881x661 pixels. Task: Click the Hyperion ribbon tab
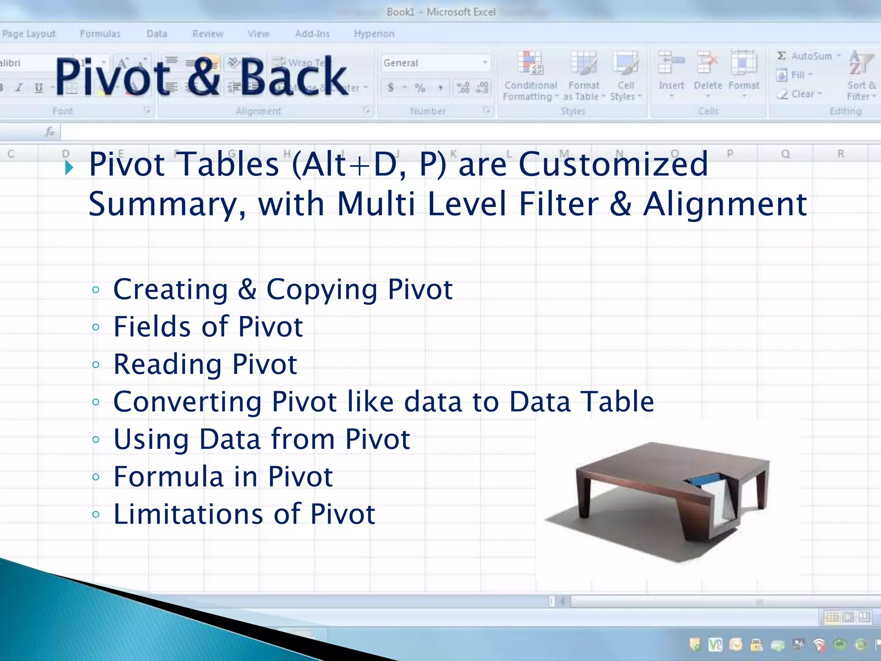click(374, 34)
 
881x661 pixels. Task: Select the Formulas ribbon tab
click(100, 34)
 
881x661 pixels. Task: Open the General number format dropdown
click(484, 63)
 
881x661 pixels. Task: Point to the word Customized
click(613, 164)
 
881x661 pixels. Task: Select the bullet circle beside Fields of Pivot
click(96, 327)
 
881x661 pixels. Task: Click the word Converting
click(187, 402)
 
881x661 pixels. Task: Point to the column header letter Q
click(786, 154)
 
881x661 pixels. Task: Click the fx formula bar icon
click(50, 132)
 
